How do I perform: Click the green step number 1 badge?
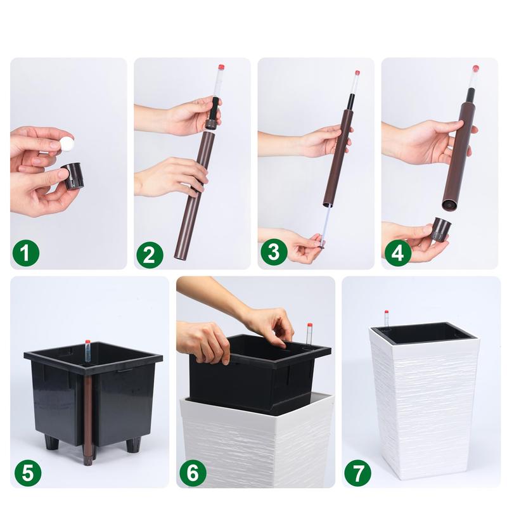click(26, 252)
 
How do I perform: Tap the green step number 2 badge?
click(150, 255)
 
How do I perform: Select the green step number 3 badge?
click(274, 252)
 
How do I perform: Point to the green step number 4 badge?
click(398, 252)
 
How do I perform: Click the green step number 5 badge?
click(28, 473)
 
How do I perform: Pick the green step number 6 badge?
click(193, 473)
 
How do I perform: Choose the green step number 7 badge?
click(357, 474)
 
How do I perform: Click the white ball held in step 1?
click(67, 143)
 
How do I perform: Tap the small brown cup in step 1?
click(73, 176)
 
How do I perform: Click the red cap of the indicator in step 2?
click(221, 68)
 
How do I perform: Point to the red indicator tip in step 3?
click(357, 73)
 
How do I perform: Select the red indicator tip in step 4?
click(475, 68)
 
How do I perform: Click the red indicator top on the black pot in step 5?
click(87, 342)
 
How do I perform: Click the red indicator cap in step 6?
click(309, 325)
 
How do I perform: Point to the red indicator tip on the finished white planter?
click(386, 312)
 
